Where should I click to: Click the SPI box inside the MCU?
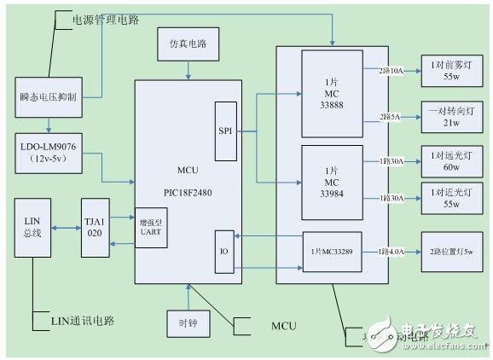click(224, 131)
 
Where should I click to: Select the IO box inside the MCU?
click(224, 253)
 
